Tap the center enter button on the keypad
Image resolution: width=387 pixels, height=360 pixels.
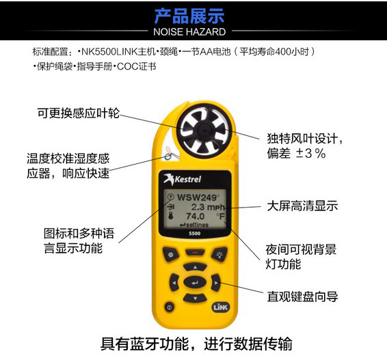point(195,282)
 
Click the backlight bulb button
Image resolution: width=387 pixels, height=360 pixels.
point(219,254)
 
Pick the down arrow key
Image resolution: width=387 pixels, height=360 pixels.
point(195,298)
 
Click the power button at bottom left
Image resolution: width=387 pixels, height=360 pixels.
point(168,308)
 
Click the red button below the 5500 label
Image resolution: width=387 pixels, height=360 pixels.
point(195,252)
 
